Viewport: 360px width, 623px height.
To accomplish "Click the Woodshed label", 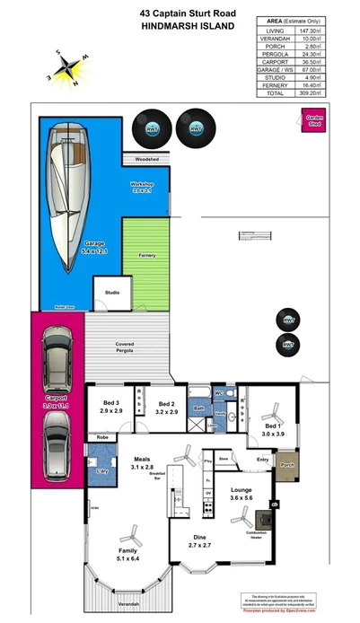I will coord(146,159).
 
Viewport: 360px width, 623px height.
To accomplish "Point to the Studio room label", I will coord(112,293).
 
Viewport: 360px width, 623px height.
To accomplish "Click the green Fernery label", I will coord(147,256).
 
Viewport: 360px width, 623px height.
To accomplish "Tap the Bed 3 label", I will coord(111,407).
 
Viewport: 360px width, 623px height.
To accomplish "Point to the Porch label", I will coord(287,465).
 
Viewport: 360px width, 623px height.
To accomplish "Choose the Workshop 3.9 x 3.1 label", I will coord(144,187).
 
